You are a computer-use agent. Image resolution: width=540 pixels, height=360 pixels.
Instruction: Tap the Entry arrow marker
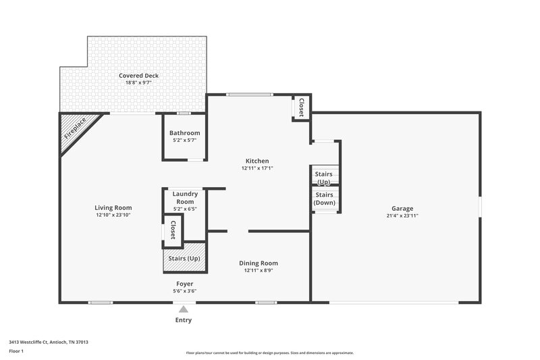183,309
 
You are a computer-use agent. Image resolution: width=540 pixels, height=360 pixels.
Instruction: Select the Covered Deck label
138,76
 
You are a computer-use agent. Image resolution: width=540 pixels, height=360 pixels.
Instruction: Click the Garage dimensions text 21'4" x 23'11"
402,216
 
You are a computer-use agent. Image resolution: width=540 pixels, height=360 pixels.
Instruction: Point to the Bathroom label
184,133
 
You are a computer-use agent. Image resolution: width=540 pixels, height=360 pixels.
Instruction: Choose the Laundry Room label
184,197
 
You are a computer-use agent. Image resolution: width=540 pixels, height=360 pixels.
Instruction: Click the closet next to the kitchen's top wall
301,107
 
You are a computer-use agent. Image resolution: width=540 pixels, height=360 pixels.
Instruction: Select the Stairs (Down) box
324,199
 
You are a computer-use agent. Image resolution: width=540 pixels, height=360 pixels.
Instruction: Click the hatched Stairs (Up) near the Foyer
183,257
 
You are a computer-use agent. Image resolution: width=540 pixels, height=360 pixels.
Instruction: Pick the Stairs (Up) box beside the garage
324,178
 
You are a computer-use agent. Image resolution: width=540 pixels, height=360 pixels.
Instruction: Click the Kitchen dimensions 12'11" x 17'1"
257,168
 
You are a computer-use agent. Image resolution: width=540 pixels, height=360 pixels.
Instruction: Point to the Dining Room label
259,263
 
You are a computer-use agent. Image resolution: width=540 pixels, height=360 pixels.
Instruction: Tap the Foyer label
184,284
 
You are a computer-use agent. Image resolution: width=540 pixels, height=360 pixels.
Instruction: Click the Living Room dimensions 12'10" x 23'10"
113,215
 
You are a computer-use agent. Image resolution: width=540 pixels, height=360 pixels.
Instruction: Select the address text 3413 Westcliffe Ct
48,342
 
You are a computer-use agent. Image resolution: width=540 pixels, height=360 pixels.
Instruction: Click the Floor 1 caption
17,351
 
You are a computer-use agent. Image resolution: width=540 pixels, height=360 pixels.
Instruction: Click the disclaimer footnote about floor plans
269,353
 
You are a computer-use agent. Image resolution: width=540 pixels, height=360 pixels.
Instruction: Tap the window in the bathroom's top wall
184,113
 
